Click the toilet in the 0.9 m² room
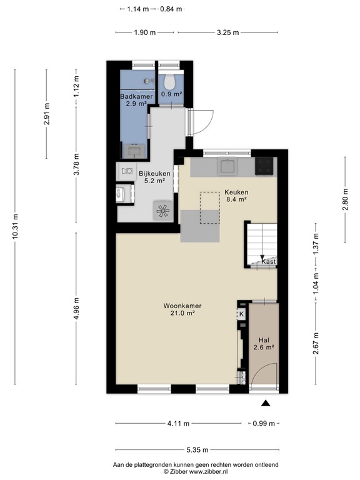click(169, 81)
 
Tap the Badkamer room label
click(136, 96)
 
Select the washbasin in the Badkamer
click(134, 151)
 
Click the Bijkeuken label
click(154, 174)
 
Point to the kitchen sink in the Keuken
click(227, 166)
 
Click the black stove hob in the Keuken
click(264, 166)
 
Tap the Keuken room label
click(236, 192)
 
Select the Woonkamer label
click(182, 306)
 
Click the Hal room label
click(264, 340)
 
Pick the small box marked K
click(241, 314)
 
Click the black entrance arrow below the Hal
click(266, 403)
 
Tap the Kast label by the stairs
click(269, 262)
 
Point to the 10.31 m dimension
click(15, 226)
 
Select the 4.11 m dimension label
click(178, 424)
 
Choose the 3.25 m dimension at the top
click(227, 32)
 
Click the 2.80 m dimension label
click(345, 199)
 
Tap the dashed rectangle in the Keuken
click(210, 207)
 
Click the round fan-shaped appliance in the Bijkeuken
click(162, 211)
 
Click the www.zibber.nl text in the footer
click(209, 472)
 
